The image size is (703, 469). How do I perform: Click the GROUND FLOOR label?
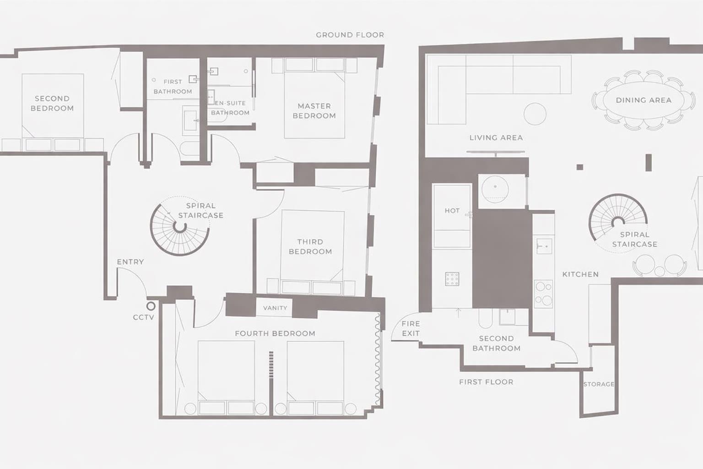click(x=350, y=35)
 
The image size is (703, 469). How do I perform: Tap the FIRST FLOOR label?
click(x=486, y=382)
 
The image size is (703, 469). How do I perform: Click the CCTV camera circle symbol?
click(x=151, y=306)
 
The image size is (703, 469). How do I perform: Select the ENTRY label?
click(x=130, y=262)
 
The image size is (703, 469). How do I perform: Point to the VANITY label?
click(x=275, y=308)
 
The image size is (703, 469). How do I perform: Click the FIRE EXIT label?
click(x=411, y=328)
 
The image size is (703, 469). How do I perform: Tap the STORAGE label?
click(x=599, y=384)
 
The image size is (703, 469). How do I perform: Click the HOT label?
click(x=452, y=211)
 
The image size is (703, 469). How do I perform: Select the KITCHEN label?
click(x=580, y=274)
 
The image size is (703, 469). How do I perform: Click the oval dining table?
click(x=644, y=100)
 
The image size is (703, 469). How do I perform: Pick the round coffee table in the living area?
click(x=535, y=114)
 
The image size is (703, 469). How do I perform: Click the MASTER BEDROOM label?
click(x=314, y=111)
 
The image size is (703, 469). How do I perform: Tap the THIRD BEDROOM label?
click(x=310, y=246)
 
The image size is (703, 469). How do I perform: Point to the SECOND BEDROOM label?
click(x=52, y=104)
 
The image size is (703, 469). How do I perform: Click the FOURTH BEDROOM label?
click(x=275, y=333)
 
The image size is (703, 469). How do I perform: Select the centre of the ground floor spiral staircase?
click(x=180, y=227)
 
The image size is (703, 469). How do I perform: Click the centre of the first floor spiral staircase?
click(x=618, y=223)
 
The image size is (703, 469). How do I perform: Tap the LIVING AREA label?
click(x=496, y=137)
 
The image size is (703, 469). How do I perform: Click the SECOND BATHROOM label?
click(x=496, y=344)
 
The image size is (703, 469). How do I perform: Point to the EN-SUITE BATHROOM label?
click(x=230, y=108)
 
